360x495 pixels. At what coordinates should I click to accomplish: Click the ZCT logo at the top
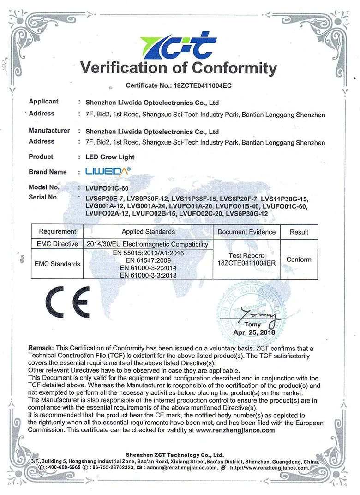point(179,46)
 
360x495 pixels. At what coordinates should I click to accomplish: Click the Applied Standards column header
point(148,232)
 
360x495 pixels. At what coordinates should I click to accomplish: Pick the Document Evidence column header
point(246,232)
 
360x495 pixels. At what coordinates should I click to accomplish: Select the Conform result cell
point(299,260)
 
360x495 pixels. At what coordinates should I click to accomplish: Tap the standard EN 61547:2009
point(148,260)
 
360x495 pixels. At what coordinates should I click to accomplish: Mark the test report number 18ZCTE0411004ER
point(246,263)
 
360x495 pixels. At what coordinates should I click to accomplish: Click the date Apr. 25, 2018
point(254,332)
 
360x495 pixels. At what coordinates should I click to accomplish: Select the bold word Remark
point(42,348)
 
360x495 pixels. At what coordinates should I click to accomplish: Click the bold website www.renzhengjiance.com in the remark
point(235,430)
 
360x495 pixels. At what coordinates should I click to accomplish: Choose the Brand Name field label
point(48,172)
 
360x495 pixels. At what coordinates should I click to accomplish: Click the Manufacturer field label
point(49,131)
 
